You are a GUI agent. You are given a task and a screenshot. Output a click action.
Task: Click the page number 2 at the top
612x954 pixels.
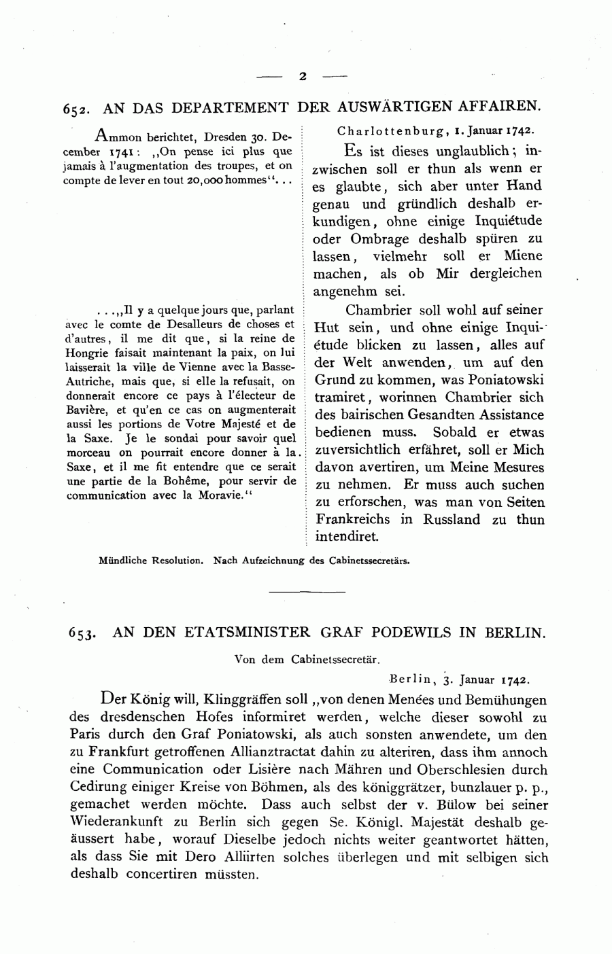pyautogui.click(x=303, y=77)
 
